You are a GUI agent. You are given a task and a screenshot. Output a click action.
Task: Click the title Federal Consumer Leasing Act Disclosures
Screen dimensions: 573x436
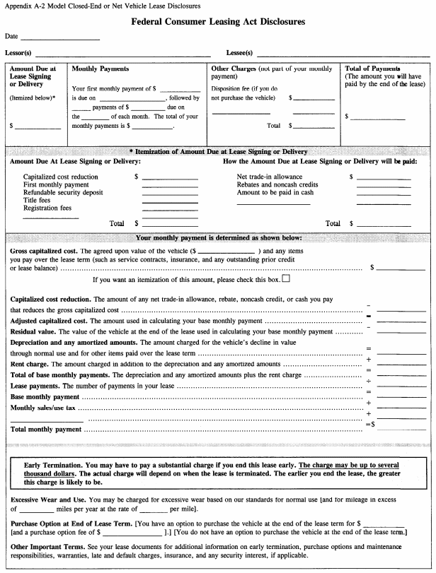[218, 23]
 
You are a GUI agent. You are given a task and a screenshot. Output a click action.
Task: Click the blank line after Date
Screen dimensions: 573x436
[60, 38]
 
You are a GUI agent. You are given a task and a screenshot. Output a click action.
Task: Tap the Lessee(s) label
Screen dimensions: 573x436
[239, 53]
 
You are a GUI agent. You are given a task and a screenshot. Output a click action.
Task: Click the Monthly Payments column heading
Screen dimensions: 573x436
[101, 69]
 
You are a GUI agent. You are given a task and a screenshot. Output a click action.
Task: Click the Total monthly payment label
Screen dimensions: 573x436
[46, 429]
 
